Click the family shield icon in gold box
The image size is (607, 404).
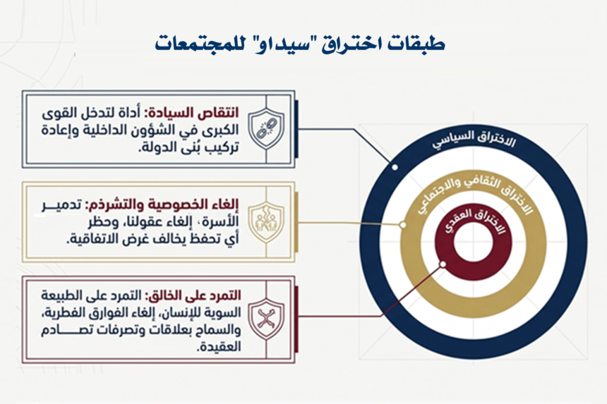[266, 222]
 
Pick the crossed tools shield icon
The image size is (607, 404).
[266, 319]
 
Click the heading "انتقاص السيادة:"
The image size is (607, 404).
[191, 114]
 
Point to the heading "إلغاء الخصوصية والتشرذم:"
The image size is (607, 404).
[162, 205]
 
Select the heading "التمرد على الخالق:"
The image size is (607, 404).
[193, 295]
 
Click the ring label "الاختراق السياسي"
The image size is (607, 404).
[474, 140]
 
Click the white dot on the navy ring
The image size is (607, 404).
[395, 167]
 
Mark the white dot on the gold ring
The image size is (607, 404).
[403, 225]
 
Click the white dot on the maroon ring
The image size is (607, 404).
[443, 264]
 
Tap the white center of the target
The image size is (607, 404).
[473, 243]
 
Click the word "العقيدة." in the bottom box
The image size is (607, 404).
[219, 347]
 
